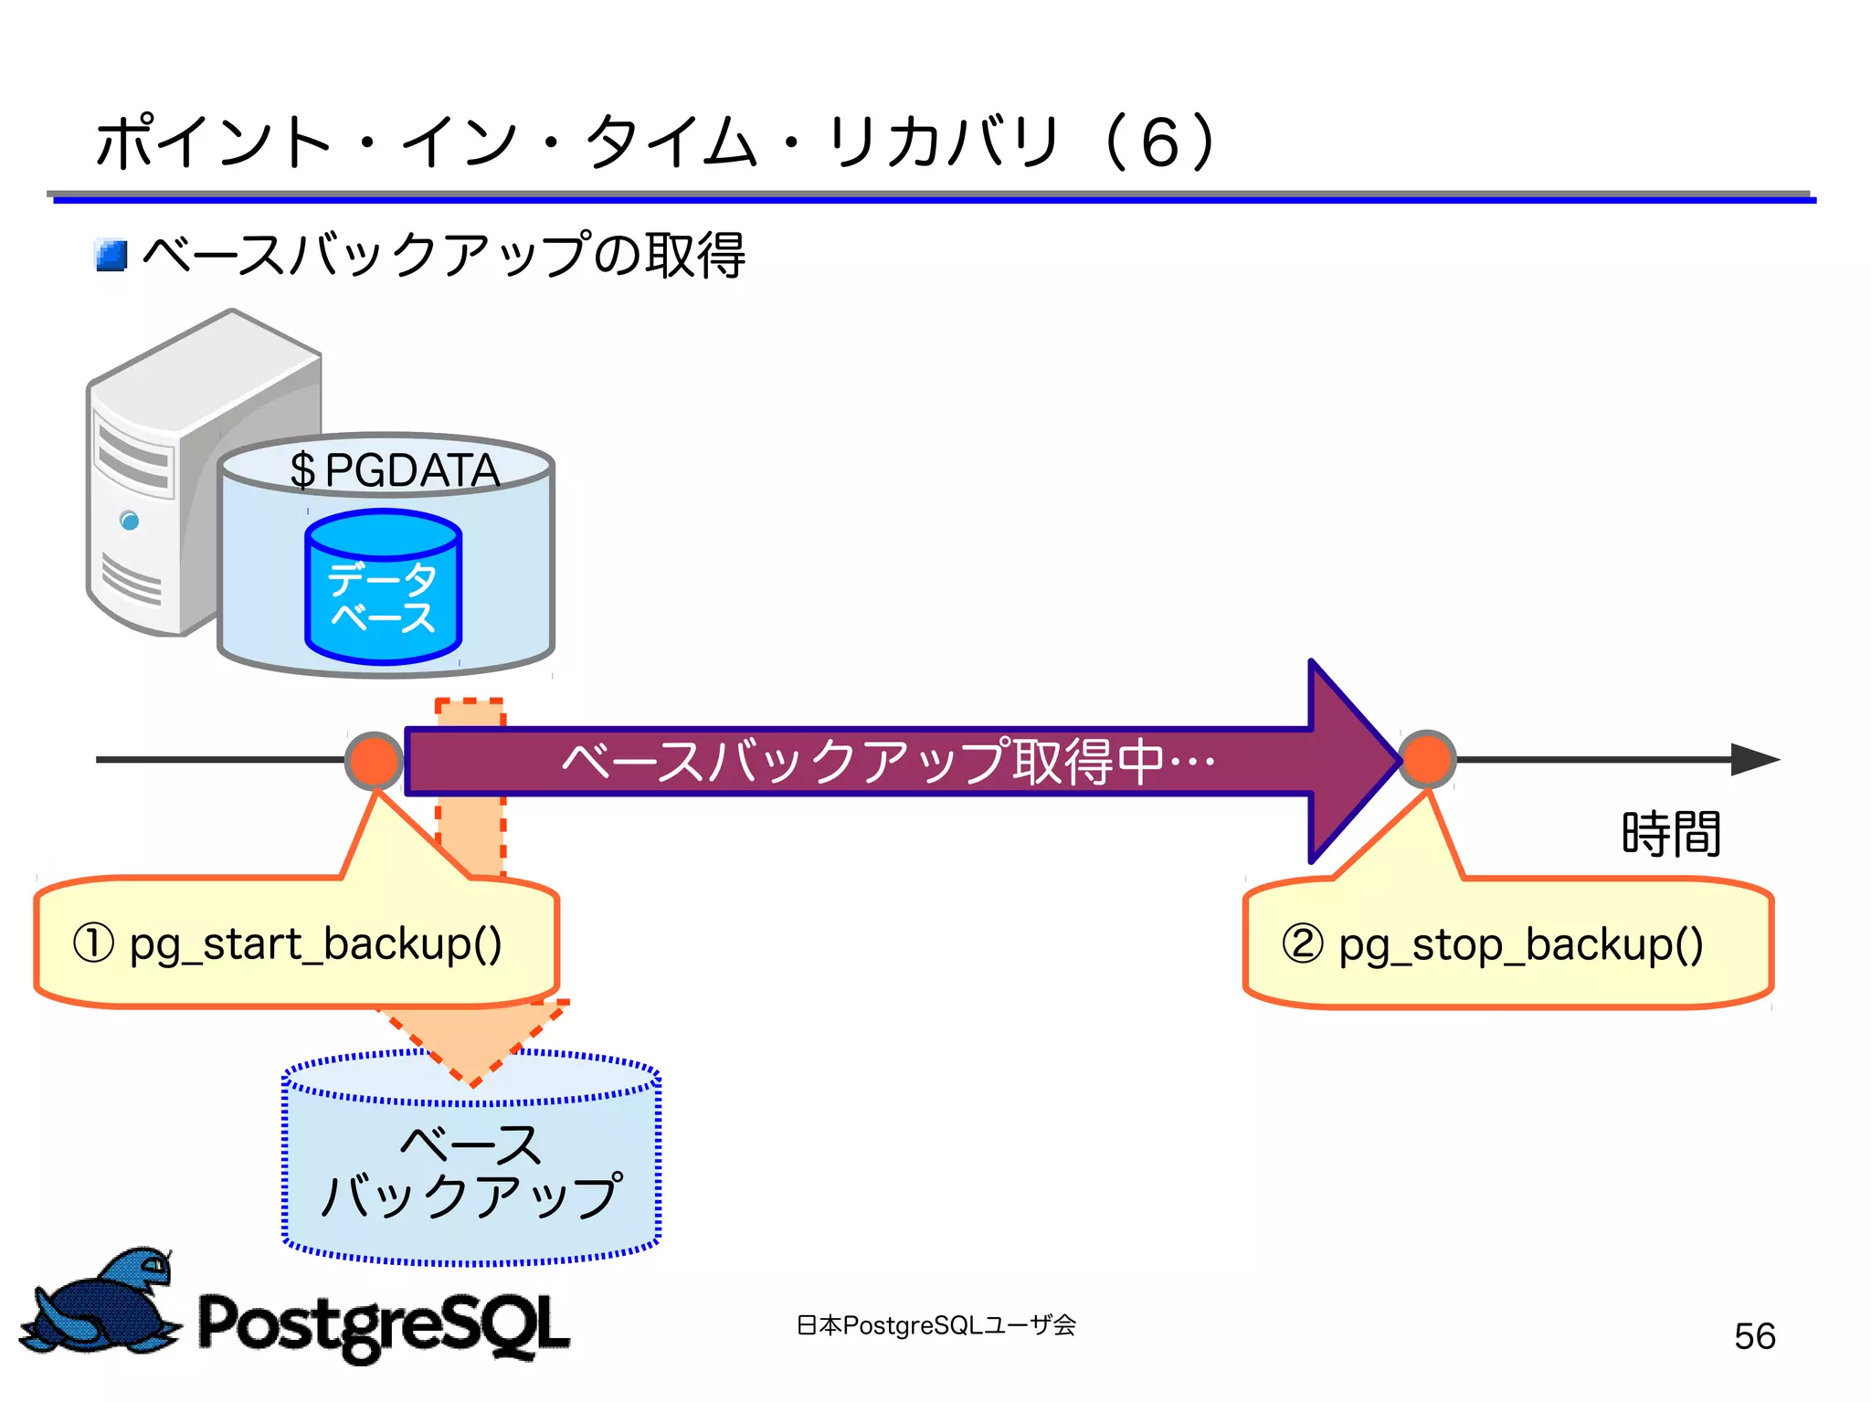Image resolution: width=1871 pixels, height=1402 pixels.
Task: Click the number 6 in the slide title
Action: (x=1160, y=143)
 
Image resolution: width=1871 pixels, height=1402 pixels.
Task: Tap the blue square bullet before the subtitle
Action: (x=111, y=256)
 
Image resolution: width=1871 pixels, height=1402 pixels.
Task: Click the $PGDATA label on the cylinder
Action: (x=395, y=470)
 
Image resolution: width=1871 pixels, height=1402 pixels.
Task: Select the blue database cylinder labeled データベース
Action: (x=383, y=589)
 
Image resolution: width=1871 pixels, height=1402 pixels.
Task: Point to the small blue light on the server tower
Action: (x=130, y=521)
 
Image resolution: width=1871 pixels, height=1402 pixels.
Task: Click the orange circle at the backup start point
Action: (x=374, y=760)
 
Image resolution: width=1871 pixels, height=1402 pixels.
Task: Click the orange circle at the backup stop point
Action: (x=1427, y=759)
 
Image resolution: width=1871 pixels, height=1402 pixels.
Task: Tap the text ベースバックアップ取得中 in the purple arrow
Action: (x=886, y=761)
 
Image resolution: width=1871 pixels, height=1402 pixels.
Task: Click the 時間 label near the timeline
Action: (x=1671, y=833)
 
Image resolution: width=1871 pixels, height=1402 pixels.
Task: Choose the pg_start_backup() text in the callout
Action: (x=316, y=944)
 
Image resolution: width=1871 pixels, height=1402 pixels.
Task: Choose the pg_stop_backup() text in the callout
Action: (x=1521, y=945)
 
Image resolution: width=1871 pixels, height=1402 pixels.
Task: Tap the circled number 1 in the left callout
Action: (x=93, y=943)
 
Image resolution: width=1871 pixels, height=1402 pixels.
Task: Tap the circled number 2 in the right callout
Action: (x=1302, y=943)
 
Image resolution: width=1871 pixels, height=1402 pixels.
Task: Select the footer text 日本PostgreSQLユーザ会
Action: (x=935, y=1325)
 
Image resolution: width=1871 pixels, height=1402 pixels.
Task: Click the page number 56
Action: (x=1754, y=1336)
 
